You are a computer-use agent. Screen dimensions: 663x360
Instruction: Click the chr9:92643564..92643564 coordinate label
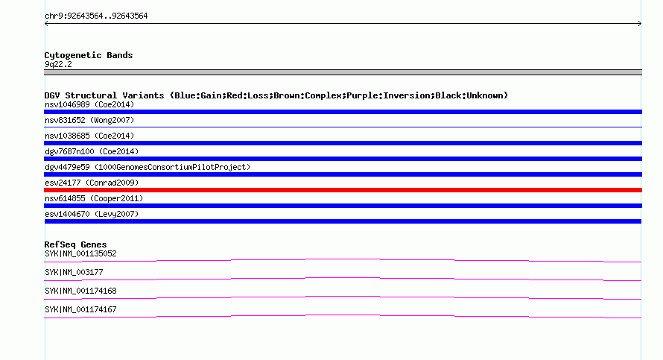point(96,16)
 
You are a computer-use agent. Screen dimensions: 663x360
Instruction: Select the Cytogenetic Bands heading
point(89,55)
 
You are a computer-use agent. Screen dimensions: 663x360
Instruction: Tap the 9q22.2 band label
point(58,64)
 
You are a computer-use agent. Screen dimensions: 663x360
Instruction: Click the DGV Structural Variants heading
point(276,95)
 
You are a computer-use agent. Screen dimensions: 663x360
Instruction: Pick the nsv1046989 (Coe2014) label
point(89,104)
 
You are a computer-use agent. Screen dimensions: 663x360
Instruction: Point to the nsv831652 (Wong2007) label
point(89,120)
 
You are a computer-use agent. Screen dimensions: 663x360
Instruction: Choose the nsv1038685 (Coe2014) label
point(89,136)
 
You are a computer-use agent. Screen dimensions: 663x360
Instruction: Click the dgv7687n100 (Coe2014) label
point(92,151)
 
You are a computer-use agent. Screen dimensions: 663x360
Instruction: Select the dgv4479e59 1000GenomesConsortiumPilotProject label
point(147,167)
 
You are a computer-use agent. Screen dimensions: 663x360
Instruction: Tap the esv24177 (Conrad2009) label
point(92,183)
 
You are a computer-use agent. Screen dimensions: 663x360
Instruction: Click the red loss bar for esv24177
point(343,190)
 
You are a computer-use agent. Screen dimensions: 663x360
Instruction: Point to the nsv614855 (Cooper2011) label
point(94,198)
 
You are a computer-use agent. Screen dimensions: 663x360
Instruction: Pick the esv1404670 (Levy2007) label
point(92,214)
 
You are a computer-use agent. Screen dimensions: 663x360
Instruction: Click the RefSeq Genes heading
point(75,244)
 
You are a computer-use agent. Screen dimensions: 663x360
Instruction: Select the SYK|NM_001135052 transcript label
point(80,254)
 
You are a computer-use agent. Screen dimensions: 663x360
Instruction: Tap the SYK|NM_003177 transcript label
point(74,273)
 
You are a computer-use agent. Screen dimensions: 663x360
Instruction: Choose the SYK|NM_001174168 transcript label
point(80,291)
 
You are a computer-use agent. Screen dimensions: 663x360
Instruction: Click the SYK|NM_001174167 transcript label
point(80,309)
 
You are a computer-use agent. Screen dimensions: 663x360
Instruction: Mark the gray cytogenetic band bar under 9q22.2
point(343,73)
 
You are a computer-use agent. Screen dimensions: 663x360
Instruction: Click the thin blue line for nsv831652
point(343,127)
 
